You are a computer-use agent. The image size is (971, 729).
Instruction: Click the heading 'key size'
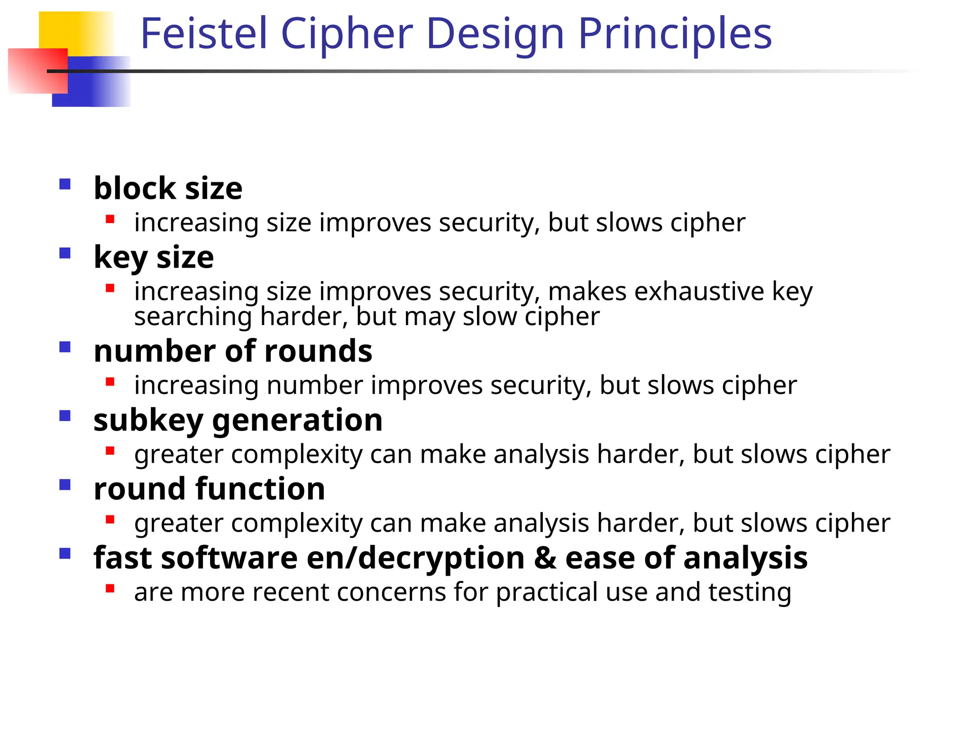tap(154, 257)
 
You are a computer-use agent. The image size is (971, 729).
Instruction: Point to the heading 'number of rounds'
tap(233, 351)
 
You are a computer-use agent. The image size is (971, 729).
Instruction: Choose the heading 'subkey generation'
tap(238, 420)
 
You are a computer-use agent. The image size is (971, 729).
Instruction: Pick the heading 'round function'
tap(209, 489)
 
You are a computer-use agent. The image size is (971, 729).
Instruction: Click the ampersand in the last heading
tap(545, 558)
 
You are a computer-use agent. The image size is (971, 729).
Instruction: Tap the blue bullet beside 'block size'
tap(65, 184)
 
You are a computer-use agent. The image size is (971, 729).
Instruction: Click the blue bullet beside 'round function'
tap(65, 485)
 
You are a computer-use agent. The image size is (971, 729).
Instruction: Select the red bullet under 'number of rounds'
tap(110, 382)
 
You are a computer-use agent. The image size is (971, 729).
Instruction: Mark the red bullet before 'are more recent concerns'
tap(110, 589)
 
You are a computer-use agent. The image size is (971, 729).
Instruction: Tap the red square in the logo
tap(38, 71)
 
